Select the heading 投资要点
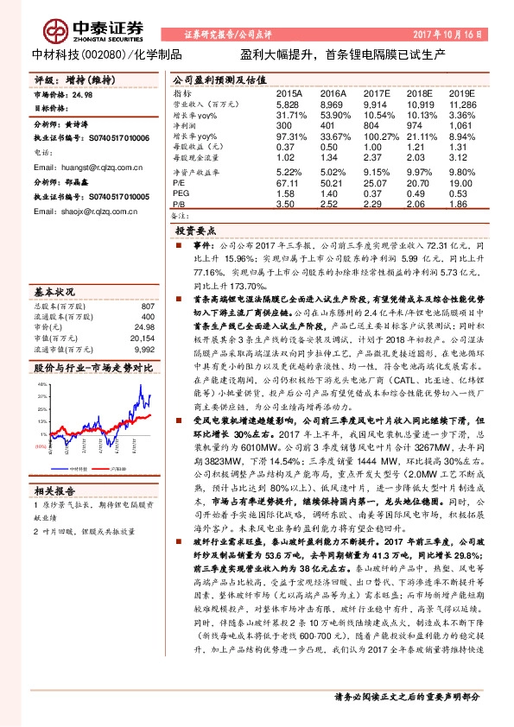click(196, 231)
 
